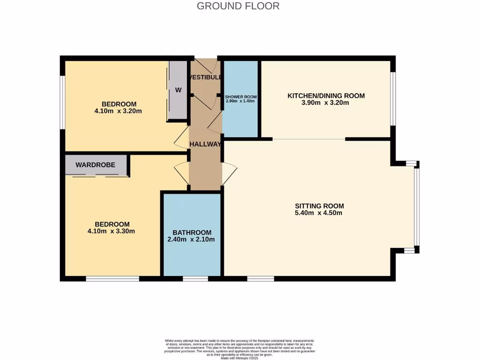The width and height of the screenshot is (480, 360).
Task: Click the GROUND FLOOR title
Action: (x=238, y=6)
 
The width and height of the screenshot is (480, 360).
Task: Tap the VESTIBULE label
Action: (x=205, y=77)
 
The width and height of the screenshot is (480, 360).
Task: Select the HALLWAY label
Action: (x=205, y=144)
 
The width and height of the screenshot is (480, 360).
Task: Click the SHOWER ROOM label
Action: (x=240, y=97)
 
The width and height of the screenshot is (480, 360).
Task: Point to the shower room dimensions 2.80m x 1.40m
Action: (x=240, y=101)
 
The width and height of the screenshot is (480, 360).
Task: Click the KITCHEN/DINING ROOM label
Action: (x=326, y=96)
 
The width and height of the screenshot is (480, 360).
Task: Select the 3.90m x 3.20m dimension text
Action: (x=326, y=103)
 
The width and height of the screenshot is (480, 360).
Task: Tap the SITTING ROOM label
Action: (x=319, y=206)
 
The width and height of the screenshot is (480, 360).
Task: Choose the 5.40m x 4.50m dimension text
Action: (x=319, y=213)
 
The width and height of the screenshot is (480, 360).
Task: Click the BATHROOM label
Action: (x=192, y=232)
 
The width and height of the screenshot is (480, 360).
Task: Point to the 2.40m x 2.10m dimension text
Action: (x=191, y=240)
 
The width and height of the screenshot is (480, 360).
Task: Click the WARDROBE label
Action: (x=96, y=165)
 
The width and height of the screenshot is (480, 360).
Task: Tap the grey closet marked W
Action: (x=178, y=90)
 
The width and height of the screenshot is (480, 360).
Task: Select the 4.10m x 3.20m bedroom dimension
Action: (x=118, y=111)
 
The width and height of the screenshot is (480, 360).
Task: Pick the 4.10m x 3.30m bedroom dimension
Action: (x=112, y=231)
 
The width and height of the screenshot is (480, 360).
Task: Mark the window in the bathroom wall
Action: (x=195, y=279)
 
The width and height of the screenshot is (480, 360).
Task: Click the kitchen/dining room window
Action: (x=393, y=98)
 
